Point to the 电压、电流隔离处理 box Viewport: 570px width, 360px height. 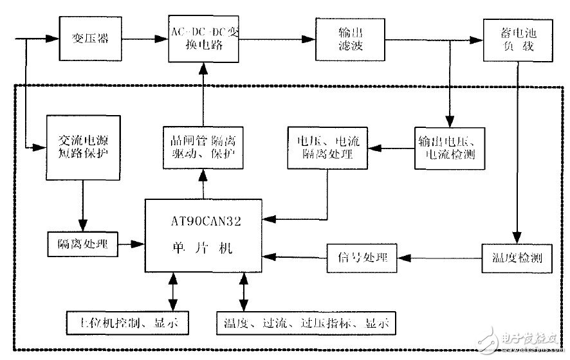pos(329,148)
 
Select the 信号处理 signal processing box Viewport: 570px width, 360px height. pos(362,258)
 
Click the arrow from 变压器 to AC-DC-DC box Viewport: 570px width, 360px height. pos(145,39)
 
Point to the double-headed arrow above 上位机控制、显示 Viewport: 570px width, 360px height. pos(172,292)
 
